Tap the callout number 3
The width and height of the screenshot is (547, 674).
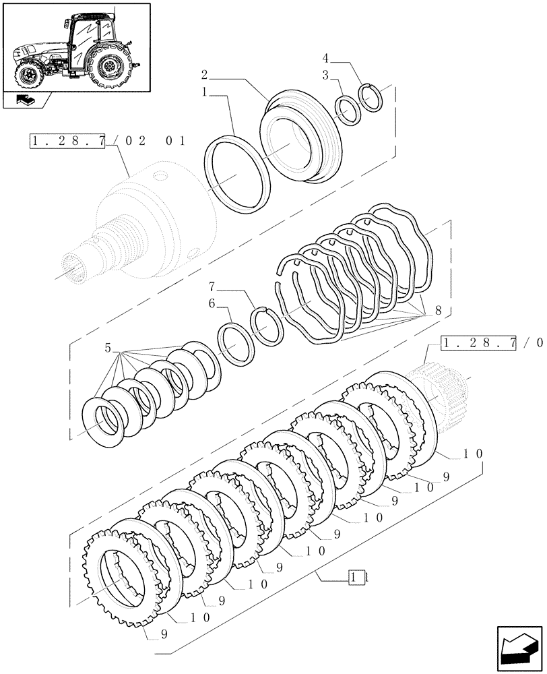click(325, 76)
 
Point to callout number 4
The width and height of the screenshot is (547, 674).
click(325, 59)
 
